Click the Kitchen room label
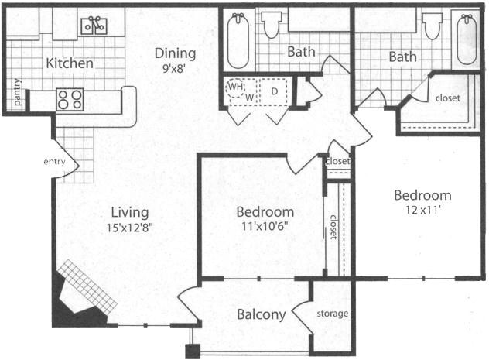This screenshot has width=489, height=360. (70, 63)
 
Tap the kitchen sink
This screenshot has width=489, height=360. (94, 26)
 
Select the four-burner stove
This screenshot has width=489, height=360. (70, 100)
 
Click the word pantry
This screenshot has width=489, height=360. (18, 92)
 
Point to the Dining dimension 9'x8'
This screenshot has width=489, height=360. (174, 68)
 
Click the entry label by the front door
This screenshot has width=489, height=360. (54, 162)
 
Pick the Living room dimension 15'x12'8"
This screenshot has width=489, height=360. (130, 228)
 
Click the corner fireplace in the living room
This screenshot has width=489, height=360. (82, 297)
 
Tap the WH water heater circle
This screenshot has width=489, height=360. (236, 87)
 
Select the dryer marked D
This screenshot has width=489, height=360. (273, 91)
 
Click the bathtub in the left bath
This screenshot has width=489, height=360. (238, 41)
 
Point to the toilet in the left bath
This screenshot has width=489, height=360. (272, 25)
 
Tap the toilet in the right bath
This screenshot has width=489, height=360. (433, 26)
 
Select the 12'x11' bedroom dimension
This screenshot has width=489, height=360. (422, 210)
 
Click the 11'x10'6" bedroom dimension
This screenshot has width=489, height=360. (265, 226)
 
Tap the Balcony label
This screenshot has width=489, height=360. (262, 314)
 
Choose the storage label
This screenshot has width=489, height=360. (333, 314)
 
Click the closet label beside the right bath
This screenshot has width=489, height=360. (448, 98)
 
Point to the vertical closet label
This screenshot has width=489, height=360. (333, 227)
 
